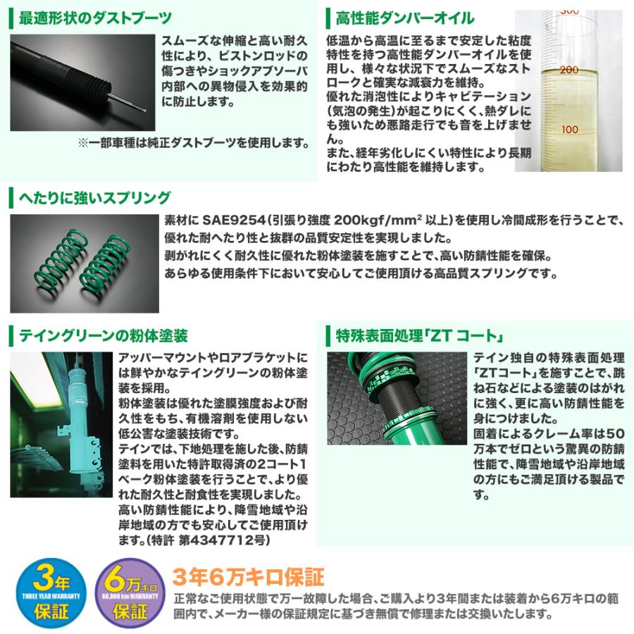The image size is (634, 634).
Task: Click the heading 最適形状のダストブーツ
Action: (95, 18)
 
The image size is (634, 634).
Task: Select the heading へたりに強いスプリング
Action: (95, 197)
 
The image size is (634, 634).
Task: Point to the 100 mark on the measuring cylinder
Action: (569, 130)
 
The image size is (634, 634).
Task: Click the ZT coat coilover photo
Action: (397, 398)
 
